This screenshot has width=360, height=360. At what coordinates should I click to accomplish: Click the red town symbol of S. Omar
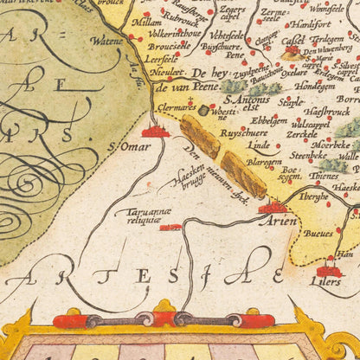click(156, 131)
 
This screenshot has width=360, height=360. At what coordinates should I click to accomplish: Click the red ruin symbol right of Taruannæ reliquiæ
click(170, 227)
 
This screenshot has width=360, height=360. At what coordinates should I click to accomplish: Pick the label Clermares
click(176, 110)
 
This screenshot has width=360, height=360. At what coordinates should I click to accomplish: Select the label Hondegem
click(314, 86)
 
